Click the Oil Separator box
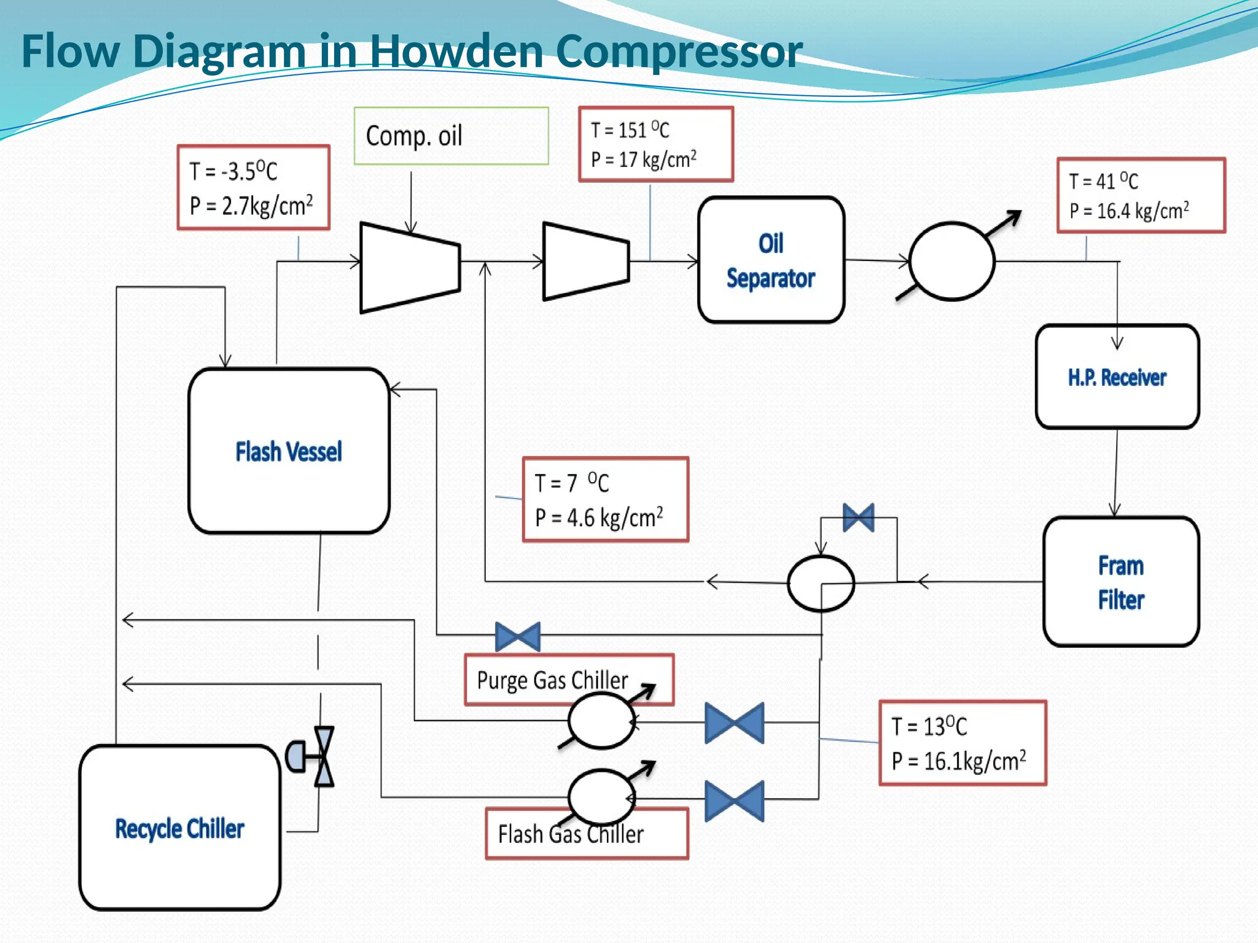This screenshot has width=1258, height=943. [x=771, y=260]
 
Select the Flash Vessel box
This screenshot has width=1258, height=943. [x=289, y=451]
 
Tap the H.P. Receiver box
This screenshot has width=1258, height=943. [x=1117, y=377]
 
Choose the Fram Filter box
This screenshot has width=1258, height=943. [x=1120, y=581]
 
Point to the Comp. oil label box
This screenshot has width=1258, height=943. [x=451, y=136]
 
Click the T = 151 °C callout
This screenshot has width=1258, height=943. [x=655, y=144]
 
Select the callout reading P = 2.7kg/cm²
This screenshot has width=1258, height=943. [x=253, y=188]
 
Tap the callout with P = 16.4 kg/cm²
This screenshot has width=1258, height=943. [x=1141, y=195]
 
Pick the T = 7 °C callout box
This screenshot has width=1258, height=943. [x=605, y=500]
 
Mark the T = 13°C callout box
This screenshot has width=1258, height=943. [x=962, y=743]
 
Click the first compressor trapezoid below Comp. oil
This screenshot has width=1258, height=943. [x=410, y=268]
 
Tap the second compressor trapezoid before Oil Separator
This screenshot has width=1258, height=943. [x=585, y=262]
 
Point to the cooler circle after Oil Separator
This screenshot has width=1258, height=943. [x=951, y=261]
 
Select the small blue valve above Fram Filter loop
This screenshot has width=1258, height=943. [x=858, y=518]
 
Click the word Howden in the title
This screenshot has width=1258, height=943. [x=456, y=50]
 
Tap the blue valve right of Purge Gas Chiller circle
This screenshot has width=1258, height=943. [x=734, y=723]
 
